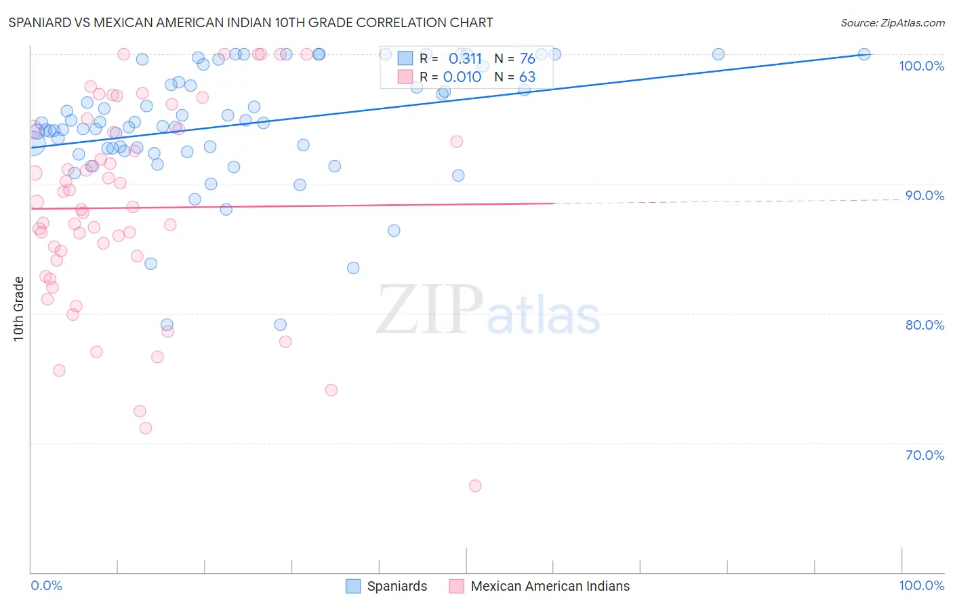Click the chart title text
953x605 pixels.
pos(251,22)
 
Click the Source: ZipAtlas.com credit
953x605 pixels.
pos(892,22)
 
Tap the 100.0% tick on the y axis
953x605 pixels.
pos(921,66)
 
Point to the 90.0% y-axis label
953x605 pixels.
pos(925,195)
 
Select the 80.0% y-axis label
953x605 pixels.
pos(925,325)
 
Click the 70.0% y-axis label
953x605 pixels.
pos(925,455)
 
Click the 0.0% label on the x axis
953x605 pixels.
pos(46,585)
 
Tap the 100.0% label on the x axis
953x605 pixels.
pos(921,585)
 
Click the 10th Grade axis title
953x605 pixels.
pos(18,309)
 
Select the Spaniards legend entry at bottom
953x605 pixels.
pos(397,586)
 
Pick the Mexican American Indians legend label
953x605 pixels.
pos(550,586)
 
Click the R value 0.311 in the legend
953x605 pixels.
pos(465,59)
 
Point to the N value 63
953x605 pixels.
pos(527,77)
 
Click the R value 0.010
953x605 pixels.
pos(462,77)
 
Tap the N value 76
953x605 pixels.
pos(527,59)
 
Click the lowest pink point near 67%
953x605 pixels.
pos(475,486)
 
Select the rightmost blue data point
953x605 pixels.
pos(864,54)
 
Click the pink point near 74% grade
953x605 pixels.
pos(331,390)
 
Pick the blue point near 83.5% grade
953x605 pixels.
pos(353,268)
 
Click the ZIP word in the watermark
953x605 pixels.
pos(430,310)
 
